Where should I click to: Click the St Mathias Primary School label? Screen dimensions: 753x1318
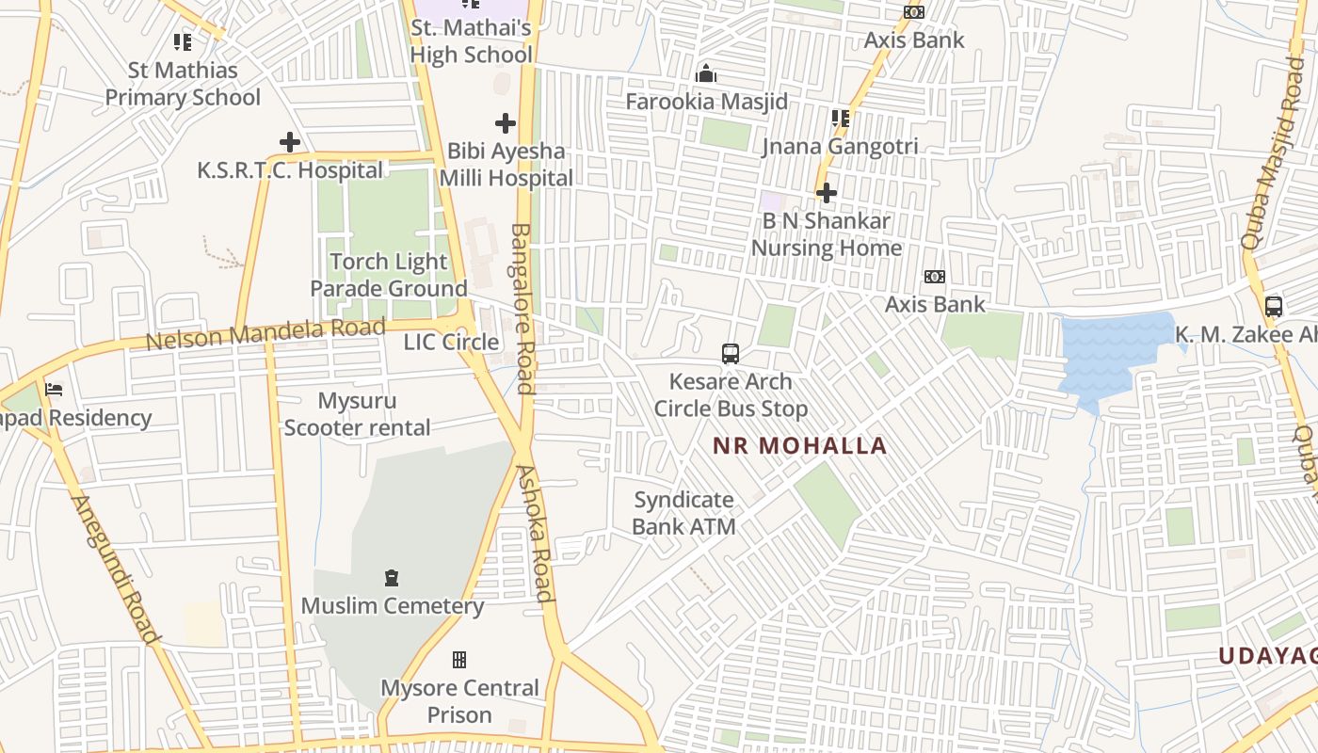[183, 84]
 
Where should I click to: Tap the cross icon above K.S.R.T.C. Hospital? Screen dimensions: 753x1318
[290, 142]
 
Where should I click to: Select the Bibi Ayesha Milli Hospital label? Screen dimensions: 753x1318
[506, 165]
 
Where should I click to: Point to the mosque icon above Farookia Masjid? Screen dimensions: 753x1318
[706, 73]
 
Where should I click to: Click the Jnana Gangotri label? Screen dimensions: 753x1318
[839, 146]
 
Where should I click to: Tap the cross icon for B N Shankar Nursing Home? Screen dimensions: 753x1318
[827, 193]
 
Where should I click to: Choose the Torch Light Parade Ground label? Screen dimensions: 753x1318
[388, 275]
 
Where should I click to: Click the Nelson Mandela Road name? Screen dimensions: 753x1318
[265, 334]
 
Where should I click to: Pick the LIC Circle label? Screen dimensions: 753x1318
[451, 342]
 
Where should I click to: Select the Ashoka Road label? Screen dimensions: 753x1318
[536, 533]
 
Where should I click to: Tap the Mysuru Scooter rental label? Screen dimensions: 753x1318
[357, 414]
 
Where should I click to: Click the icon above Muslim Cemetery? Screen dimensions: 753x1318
[392, 577]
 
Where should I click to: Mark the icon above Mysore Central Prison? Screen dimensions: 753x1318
[459, 659]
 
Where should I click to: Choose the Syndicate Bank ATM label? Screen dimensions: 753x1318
[683, 513]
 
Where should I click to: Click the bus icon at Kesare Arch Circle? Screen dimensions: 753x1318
[731, 354]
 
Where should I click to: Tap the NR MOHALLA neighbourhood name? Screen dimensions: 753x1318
[799, 445]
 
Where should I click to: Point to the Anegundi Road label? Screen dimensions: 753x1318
[116, 569]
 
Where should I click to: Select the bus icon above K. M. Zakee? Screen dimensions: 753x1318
[1274, 306]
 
